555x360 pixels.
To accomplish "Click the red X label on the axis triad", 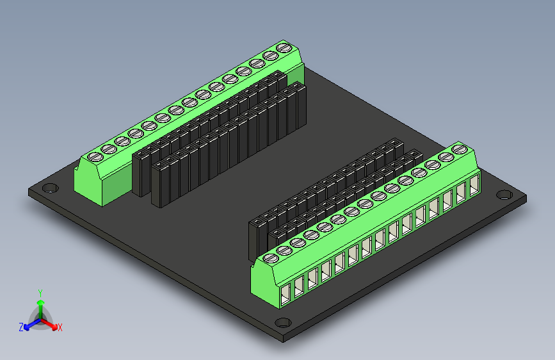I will [60, 327].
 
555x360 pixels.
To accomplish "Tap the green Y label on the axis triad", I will [40, 292].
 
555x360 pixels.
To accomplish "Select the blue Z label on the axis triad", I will [21, 327].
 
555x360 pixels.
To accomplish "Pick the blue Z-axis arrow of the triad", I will [29, 325].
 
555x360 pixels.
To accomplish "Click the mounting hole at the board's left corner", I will [49, 189].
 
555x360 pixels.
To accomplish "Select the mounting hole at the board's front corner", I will [282, 323].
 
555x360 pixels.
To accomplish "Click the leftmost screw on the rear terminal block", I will [95, 156].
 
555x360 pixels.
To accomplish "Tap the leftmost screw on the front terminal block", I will [269, 259].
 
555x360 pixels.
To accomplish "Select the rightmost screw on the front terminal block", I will [458, 149].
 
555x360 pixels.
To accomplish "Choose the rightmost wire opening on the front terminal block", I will [474, 186].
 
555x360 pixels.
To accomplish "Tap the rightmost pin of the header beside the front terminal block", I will [415, 156].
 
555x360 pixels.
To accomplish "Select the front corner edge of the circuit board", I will [282, 337].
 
